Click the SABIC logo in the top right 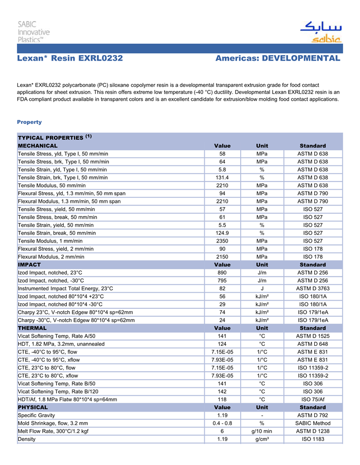[x=320, y=32]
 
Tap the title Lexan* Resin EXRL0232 [x=70, y=59]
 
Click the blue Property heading [x=29, y=122]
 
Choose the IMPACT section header [x=29, y=265]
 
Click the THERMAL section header [x=32, y=328]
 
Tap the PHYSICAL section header [x=33, y=407]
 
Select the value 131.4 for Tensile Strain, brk [x=222, y=178]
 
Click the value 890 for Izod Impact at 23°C [x=222, y=273]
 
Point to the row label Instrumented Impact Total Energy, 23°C [x=65, y=289]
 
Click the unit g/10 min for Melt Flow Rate [x=262, y=431]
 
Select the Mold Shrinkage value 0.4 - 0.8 [x=222, y=423]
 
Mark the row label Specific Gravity [x=37, y=415]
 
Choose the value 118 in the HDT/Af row [x=222, y=399]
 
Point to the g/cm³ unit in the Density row [x=262, y=439]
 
